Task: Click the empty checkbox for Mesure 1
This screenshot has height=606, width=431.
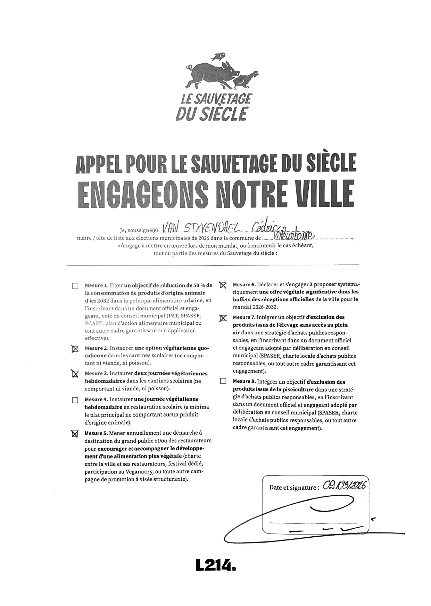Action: [x=75, y=286]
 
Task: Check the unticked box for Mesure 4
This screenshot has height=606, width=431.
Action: [x=75, y=400]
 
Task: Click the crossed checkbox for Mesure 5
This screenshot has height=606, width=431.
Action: [x=75, y=434]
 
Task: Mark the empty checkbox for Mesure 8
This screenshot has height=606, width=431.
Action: [x=223, y=382]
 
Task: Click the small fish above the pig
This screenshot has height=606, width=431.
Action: [x=218, y=55]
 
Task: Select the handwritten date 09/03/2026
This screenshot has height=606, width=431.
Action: [x=344, y=486]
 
